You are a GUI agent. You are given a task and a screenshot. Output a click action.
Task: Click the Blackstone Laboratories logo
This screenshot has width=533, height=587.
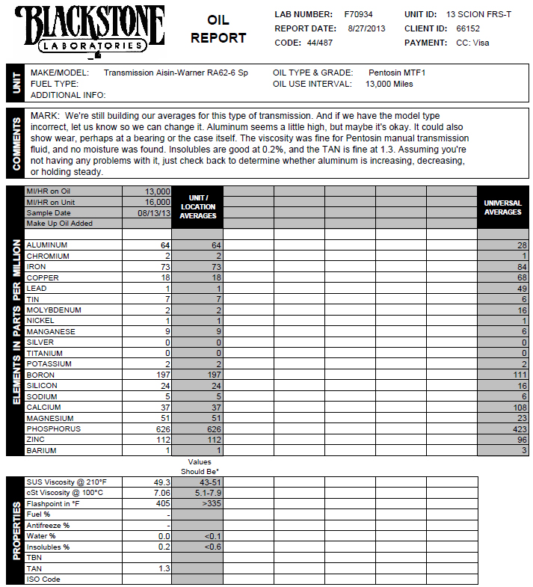tap(89, 31)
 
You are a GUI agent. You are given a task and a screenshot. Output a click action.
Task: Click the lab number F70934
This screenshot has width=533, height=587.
tap(359, 14)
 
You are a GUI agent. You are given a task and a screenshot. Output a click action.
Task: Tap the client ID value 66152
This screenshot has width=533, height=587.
tap(468, 28)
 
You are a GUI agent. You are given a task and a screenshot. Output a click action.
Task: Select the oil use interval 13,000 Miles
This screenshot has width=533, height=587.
tap(389, 84)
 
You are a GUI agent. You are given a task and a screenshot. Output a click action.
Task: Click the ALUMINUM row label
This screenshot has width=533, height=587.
tap(47, 245)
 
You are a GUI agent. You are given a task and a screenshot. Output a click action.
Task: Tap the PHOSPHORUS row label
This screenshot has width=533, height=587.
tap(53, 429)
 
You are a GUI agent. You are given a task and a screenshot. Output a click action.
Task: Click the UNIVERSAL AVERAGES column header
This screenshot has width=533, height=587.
tap(502, 207)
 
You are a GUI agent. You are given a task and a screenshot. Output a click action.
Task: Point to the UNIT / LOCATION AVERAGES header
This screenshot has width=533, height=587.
tap(197, 206)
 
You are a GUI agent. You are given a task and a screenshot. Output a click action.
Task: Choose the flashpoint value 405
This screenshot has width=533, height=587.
tap(162, 504)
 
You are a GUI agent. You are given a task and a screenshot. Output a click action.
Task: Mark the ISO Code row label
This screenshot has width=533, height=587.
tap(43, 580)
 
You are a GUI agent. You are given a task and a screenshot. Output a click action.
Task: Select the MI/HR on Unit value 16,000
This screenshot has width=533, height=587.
tap(157, 202)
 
